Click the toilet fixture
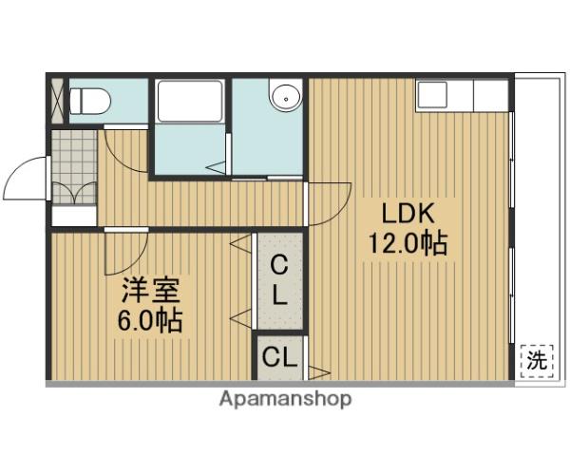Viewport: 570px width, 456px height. pos(89,102)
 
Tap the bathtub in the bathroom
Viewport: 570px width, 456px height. pos(189,101)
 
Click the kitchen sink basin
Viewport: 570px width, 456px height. pos(432,95)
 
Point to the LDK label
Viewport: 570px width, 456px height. pos(408,214)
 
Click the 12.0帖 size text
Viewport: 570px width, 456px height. pos(408,242)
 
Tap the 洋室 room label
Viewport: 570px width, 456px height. pos(150,290)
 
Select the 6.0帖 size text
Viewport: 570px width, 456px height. pos(150,320)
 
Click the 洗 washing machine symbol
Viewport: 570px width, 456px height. pos(537,361)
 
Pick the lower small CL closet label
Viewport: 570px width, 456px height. pos(279,357)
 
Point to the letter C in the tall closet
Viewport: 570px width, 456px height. pos(279,266)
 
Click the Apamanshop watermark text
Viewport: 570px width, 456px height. pos(285,399)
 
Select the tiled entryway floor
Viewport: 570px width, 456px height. pos(74,167)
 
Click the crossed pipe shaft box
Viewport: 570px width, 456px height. pos(57,101)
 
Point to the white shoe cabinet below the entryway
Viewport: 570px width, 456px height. pos(74,217)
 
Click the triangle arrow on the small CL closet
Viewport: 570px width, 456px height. pos(319,372)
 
